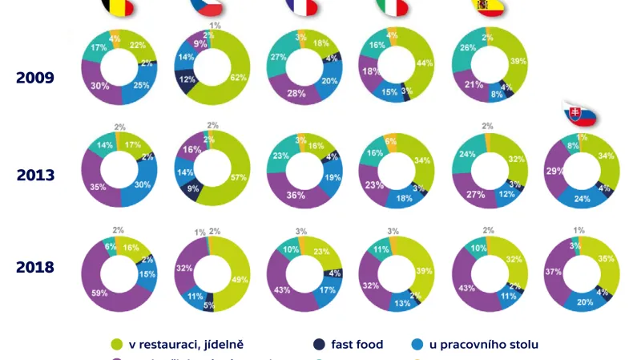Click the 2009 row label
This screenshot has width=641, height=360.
click(x=34, y=78)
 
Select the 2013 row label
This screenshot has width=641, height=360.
click(x=34, y=175)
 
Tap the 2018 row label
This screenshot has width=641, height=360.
click(x=34, y=267)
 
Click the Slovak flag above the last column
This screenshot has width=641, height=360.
click(x=580, y=115)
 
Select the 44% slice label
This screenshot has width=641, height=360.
click(x=422, y=63)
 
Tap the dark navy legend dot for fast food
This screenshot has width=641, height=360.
click(x=320, y=345)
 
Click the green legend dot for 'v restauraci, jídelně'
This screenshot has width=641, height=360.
click(x=118, y=345)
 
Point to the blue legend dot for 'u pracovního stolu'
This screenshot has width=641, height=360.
click(x=416, y=345)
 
